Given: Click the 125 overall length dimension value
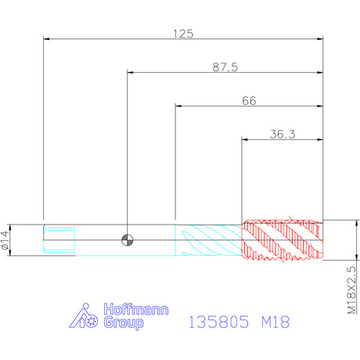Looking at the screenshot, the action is coord(183,34).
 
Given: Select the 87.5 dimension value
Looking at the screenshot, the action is coord(225,67).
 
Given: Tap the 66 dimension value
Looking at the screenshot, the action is coord(249,101).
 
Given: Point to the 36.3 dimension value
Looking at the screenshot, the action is coord(283,135).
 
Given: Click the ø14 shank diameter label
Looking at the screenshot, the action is coord(5,240).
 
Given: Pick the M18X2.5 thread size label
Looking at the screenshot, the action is coord(351,290).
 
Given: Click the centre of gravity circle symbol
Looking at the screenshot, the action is coord(128,240).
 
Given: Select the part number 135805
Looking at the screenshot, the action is coord(218,322).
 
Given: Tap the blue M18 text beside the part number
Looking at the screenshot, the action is coord(275,322).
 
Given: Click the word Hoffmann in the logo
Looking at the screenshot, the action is coord(136,309).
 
